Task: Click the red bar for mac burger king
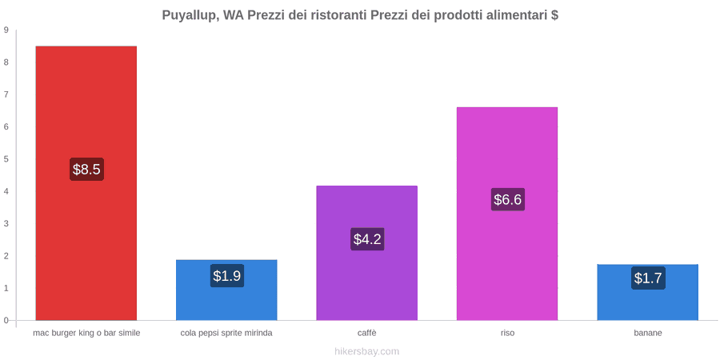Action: [x=86, y=182]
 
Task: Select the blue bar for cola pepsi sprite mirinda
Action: [x=226, y=290]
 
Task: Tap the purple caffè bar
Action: [x=367, y=253]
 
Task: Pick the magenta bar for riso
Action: [x=507, y=214]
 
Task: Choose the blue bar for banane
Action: [x=647, y=292]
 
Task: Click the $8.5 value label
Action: [x=86, y=170]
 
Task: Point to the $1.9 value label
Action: [x=227, y=276]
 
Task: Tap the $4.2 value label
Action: [x=367, y=239]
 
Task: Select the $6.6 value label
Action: [x=507, y=200]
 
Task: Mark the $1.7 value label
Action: [x=648, y=278]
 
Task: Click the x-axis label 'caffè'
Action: [x=367, y=334]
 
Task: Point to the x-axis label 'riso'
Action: [x=507, y=334]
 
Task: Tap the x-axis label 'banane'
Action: [x=648, y=334]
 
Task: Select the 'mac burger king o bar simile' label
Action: [x=86, y=334]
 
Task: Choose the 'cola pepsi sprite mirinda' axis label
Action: [x=226, y=334]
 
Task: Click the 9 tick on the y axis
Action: [x=6, y=30]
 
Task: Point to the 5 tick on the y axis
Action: [x=6, y=159]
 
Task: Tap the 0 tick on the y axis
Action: [x=6, y=321]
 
